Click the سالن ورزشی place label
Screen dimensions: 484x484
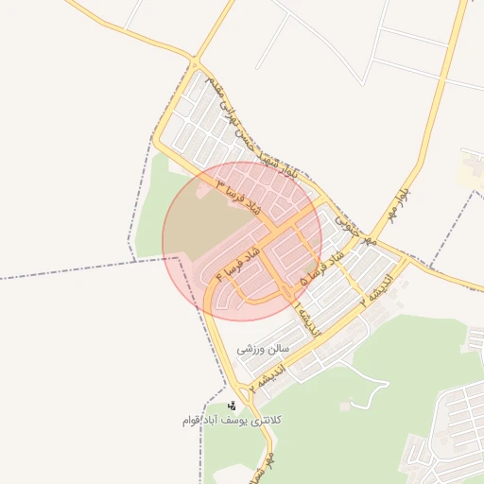(261, 348)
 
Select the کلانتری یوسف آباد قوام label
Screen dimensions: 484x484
(233, 419)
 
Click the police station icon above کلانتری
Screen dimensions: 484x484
(233, 406)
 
